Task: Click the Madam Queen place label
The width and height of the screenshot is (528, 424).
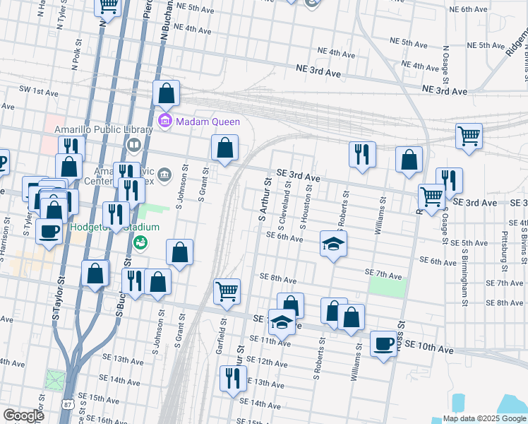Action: click(x=208, y=122)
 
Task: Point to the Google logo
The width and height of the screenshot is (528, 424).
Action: click(x=23, y=416)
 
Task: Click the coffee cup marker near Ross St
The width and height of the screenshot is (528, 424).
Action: click(x=383, y=345)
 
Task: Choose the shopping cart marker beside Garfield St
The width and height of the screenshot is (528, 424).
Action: click(x=227, y=291)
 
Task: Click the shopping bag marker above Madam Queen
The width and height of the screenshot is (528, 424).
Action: click(x=166, y=93)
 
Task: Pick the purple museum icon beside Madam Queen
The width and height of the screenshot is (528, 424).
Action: click(x=165, y=121)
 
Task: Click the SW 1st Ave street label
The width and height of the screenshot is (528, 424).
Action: click(x=39, y=92)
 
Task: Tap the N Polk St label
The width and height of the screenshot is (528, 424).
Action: click(x=75, y=51)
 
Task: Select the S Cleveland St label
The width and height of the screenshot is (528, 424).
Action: click(x=286, y=207)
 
